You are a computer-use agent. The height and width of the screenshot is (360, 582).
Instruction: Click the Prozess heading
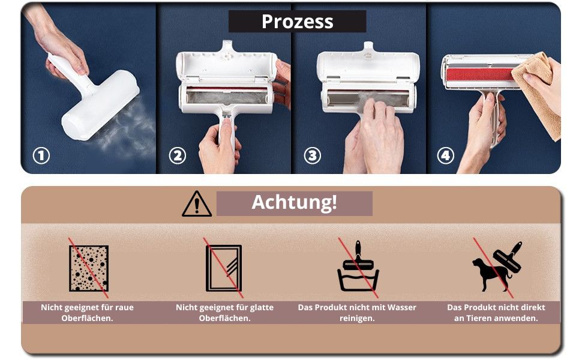coord(298,22)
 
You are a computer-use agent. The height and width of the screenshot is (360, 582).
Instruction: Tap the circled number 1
coord(41,156)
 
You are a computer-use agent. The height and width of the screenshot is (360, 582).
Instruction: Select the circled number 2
coord(178,156)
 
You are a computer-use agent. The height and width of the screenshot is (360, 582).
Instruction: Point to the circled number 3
coord(313,156)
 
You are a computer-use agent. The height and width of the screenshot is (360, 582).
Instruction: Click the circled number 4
coord(445,156)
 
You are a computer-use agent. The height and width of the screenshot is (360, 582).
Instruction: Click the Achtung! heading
coord(295,202)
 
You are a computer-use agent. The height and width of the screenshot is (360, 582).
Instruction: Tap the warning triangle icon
coord(197,204)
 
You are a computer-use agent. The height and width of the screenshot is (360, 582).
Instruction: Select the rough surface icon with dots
coord(89,268)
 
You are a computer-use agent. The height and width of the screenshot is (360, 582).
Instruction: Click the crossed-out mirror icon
coord(224,268)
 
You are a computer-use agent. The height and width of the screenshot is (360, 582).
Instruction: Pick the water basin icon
coord(358,277)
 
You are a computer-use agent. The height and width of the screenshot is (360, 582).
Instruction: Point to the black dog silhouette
coord(491,274)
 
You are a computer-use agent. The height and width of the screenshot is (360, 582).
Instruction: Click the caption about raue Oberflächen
coord(87,313)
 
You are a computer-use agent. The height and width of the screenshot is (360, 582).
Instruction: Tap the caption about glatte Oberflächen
coord(224,313)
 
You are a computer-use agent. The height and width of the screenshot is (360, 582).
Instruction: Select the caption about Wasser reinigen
coord(357,313)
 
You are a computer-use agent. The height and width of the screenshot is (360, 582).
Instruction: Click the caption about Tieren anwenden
coord(496,313)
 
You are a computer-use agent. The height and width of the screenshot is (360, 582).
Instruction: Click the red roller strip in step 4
coord(480,74)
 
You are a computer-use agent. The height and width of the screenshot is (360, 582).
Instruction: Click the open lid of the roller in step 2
coord(226,64)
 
